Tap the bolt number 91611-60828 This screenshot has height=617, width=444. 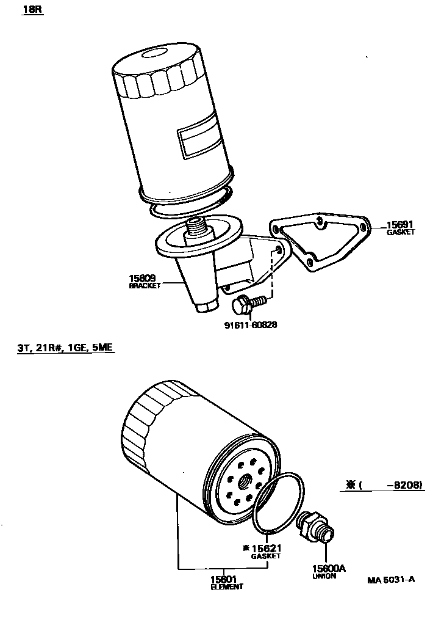coord(251,324)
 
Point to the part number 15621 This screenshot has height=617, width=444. coord(268,548)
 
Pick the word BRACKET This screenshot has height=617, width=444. coord(145,286)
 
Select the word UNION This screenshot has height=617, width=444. coord(324,576)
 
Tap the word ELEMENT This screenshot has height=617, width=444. coord(226,586)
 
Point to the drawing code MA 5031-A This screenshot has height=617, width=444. coord(391,580)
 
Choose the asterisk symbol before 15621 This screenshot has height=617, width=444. coord(246,548)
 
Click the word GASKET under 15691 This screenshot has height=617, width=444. coord(401,232)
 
